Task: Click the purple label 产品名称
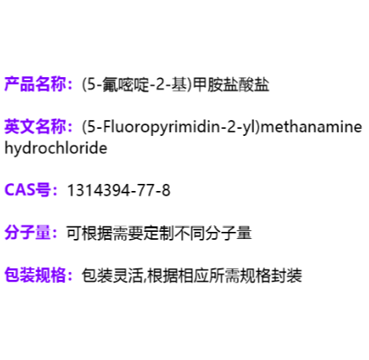click(x=35, y=84)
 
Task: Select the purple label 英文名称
click(x=35, y=127)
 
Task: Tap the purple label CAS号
click(x=28, y=189)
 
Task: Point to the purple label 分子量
click(x=28, y=233)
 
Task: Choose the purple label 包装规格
click(x=35, y=275)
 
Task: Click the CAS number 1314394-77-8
click(x=119, y=190)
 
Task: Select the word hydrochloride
click(x=56, y=149)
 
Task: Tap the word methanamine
click(x=312, y=127)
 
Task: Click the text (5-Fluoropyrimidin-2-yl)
click(x=171, y=127)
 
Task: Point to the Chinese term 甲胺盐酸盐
click(x=231, y=85)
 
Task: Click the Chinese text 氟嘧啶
click(x=126, y=85)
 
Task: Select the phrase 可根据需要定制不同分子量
click(x=159, y=233)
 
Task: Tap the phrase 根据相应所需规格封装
click(x=225, y=275)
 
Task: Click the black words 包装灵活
click(x=113, y=275)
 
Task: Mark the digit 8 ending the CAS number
click(x=166, y=190)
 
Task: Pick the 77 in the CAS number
click(x=146, y=190)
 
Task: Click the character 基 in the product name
click(x=179, y=85)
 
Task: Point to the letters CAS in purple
click(x=20, y=189)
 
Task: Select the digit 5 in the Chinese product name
click(x=90, y=85)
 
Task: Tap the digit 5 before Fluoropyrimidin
click(x=90, y=127)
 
